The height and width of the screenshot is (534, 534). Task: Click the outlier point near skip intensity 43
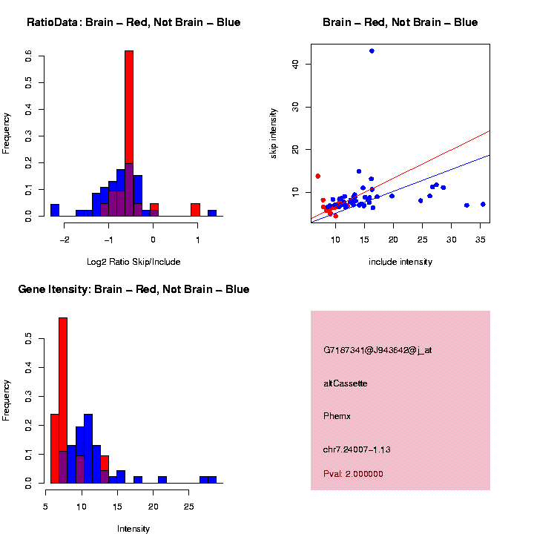(372, 51)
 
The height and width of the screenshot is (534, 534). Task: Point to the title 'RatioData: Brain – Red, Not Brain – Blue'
(133, 22)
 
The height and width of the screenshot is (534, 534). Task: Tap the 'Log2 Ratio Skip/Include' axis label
(133, 261)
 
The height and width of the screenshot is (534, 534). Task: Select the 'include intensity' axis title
(400, 262)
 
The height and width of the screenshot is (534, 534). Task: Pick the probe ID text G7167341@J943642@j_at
(378, 350)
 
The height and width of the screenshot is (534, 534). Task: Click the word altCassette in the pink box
(346, 383)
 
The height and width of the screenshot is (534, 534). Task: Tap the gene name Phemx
(337, 416)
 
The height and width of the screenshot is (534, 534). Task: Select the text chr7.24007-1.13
(357, 449)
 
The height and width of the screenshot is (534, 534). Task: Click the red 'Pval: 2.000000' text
(353, 474)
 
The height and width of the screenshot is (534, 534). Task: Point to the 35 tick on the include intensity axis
(480, 239)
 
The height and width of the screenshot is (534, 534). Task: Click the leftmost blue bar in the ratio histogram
(55, 210)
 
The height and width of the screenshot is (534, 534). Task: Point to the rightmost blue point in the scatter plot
(483, 204)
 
